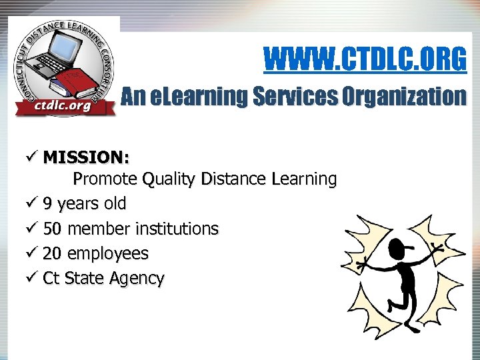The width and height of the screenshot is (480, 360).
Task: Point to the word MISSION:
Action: pos(87,157)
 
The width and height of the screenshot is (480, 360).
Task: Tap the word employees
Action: pos(109,254)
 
